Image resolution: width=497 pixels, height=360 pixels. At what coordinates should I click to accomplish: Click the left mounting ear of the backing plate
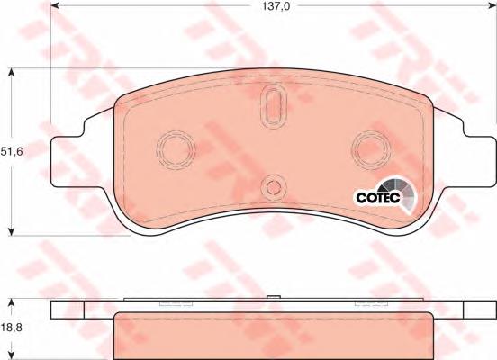click(x=70, y=162)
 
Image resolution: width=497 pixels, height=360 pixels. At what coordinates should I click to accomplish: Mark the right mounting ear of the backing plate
click(x=472, y=162)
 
